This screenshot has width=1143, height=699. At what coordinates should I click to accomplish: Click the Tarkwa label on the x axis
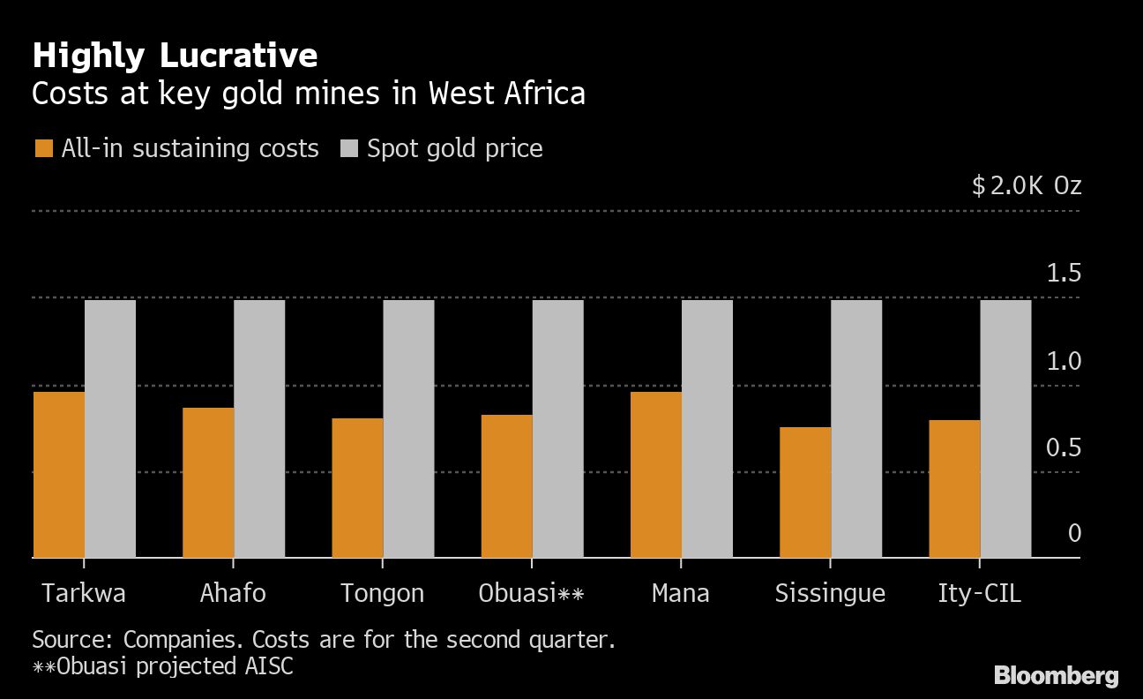click(83, 593)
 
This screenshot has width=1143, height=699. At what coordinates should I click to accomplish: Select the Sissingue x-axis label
click(830, 593)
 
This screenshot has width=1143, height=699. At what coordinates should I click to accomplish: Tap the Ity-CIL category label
click(979, 593)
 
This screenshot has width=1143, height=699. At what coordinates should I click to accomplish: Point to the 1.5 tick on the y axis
click(1063, 274)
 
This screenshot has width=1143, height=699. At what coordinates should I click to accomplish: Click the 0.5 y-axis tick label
click(1063, 448)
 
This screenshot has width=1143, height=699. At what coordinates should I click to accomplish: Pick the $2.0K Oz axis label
click(1026, 186)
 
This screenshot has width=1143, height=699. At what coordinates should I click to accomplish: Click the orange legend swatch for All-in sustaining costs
click(43, 149)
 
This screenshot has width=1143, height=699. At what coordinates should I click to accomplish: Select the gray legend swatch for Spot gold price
click(349, 149)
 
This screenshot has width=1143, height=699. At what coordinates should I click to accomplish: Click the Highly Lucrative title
click(175, 56)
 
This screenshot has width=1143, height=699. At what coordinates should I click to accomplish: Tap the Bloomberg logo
click(1056, 677)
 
